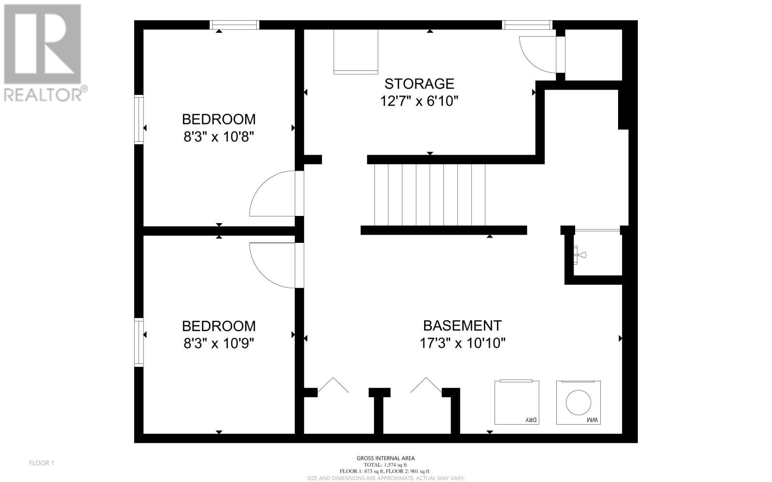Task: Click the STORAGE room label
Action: point(419,84)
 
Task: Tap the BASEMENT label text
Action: point(462,325)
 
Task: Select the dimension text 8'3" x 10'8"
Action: point(219,137)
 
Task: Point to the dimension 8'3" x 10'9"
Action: point(219,343)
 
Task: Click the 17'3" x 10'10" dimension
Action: point(462,343)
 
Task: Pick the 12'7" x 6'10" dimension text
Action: point(419,101)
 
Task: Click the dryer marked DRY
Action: point(517,402)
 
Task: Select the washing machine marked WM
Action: point(579,402)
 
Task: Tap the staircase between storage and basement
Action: point(430,195)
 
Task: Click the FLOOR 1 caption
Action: point(41,463)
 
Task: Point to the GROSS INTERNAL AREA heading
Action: point(386,458)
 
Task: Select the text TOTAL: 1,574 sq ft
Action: point(386,465)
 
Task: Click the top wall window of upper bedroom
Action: point(234,25)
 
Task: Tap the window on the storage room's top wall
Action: point(527,25)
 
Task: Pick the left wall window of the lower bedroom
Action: point(138,342)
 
